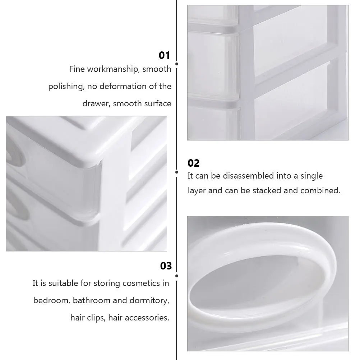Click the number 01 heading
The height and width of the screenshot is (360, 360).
[164, 55]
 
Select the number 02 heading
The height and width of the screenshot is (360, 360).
[193, 163]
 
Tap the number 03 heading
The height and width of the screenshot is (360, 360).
[166, 266]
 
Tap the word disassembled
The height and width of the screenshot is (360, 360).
[248, 176]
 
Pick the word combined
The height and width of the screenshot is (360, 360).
[320, 190]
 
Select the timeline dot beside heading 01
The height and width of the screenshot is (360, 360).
[176, 64]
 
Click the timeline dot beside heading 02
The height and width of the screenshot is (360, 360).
[176, 172]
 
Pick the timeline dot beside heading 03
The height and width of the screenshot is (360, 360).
[176, 276]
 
